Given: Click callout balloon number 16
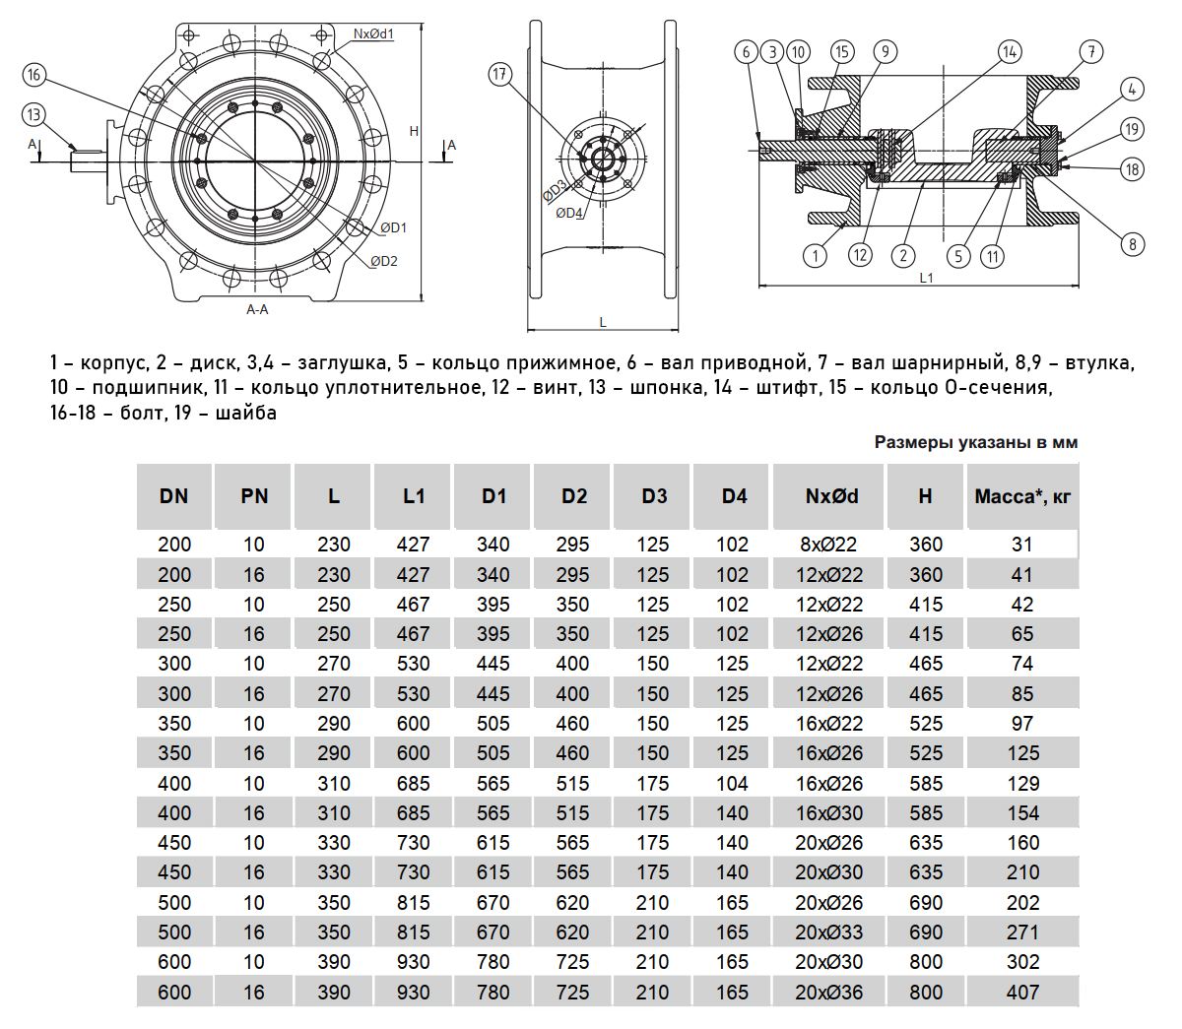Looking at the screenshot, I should click(x=34, y=75).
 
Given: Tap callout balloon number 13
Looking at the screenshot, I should click(x=34, y=114).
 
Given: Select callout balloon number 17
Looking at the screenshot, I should click(x=500, y=74).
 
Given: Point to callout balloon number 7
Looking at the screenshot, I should click(x=1090, y=51).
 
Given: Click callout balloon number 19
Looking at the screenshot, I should click(x=1132, y=129).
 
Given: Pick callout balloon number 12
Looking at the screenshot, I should click(x=860, y=255).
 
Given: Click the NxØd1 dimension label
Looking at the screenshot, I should click(x=373, y=34).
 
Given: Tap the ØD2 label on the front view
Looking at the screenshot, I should click(x=384, y=261).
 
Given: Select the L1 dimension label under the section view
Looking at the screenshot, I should click(x=926, y=278).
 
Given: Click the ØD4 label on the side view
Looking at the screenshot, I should click(x=569, y=213).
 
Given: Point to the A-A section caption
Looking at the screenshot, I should click(x=257, y=309).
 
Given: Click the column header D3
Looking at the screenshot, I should click(x=654, y=496).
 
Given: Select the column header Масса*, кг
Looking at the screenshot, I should click(x=1022, y=496).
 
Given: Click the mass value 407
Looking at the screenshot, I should click(x=1022, y=992).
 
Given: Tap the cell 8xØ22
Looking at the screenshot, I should click(x=828, y=545).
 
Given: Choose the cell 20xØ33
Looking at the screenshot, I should click(x=828, y=932).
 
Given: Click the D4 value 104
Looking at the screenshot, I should click(x=732, y=783).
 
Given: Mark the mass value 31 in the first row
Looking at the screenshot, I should click(x=1022, y=545).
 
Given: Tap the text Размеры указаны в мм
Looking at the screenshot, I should click(x=975, y=442).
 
